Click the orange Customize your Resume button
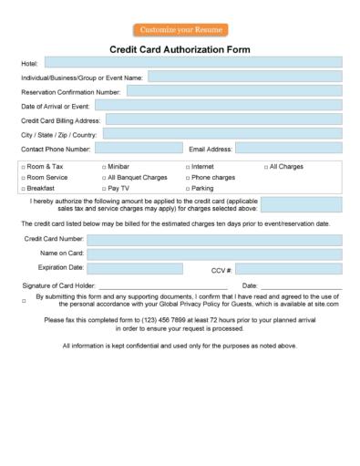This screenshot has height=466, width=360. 180,30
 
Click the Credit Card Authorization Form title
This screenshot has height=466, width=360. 180,49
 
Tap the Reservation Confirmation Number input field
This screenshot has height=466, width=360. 233,91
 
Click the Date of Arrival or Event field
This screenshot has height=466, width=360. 219,105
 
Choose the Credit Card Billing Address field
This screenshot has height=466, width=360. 224,119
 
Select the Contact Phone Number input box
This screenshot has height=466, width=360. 139,148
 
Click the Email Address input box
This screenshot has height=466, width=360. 289,148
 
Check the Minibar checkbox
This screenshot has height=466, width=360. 104,168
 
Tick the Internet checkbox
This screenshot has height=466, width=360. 187,168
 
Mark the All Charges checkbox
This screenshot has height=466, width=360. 266,168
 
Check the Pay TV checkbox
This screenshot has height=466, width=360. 104,189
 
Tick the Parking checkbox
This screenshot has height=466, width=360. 187,189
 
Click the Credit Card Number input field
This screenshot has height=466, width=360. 214,240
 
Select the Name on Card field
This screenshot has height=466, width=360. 214,254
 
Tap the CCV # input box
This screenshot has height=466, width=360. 289,269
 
